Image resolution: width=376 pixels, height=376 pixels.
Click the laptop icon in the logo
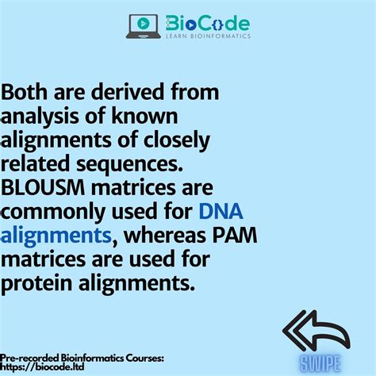point(144,26)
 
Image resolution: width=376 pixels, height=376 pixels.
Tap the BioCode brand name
point(208,23)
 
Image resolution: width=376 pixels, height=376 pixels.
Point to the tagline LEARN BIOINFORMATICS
point(208,36)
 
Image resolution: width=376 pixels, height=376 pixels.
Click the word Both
point(25,92)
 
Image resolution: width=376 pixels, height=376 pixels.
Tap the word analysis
point(40,117)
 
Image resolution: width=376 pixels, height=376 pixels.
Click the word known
point(144,116)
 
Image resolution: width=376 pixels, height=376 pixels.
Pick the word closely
point(177,141)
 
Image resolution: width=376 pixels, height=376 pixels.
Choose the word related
point(35,163)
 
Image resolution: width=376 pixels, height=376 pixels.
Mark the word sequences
point(129,165)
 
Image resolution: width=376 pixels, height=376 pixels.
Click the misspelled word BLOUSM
point(43,187)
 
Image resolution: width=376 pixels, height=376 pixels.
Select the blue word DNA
point(221,211)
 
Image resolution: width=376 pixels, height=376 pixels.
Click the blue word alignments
point(56,236)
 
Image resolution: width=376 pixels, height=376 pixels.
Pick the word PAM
point(235,235)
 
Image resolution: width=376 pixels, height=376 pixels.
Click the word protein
point(36,284)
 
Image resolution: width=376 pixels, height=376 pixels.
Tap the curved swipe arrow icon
point(316,331)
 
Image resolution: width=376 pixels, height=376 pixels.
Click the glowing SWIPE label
point(320,364)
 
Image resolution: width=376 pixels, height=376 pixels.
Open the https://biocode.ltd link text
point(42,367)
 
